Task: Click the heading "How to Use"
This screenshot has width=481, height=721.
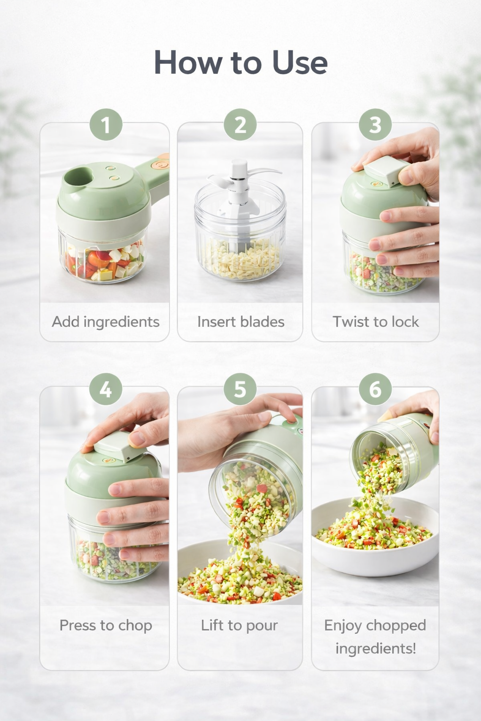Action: coord(240,62)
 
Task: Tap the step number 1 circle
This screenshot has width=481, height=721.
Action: coord(106,125)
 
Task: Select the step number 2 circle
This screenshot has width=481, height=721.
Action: coord(240,125)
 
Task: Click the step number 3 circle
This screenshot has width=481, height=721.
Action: coord(375,125)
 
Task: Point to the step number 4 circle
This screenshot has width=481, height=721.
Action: coord(106,389)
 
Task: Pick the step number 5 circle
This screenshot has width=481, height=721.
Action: coord(240,389)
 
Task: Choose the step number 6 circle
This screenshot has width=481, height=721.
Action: coord(375,389)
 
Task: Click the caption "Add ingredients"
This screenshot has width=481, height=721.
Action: coord(106,322)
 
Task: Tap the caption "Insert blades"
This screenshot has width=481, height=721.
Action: coord(240,322)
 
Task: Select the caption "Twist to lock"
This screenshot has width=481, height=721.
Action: coord(375,322)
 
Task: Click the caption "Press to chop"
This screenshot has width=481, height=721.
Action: coord(106,625)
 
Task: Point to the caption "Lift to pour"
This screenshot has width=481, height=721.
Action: coord(240,625)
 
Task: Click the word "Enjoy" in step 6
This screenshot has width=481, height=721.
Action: coord(343,626)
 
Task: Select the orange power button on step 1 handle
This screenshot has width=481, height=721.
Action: coord(161,165)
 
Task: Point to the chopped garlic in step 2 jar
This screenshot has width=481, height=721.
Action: coord(240,261)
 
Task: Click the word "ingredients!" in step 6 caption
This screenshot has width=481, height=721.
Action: coord(375,649)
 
